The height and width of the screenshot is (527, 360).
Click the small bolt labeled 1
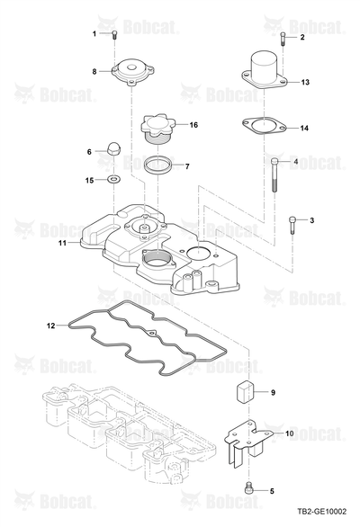(x=114, y=34)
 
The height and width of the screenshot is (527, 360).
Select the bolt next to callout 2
(x=283, y=39)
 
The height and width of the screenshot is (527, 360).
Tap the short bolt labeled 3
(x=292, y=225)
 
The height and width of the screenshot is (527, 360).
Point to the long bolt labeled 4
(x=274, y=174)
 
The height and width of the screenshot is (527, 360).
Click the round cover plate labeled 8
(x=132, y=72)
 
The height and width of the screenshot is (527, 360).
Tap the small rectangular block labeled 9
(x=244, y=391)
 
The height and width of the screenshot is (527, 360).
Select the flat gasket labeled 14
(x=264, y=125)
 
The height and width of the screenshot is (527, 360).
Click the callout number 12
(x=50, y=326)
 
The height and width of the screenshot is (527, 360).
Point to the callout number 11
(x=63, y=242)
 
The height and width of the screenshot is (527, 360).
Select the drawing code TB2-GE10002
(x=321, y=512)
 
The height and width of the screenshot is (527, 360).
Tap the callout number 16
(x=193, y=125)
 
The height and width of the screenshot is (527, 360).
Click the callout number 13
(x=305, y=82)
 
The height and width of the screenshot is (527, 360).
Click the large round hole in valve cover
(x=199, y=252)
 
